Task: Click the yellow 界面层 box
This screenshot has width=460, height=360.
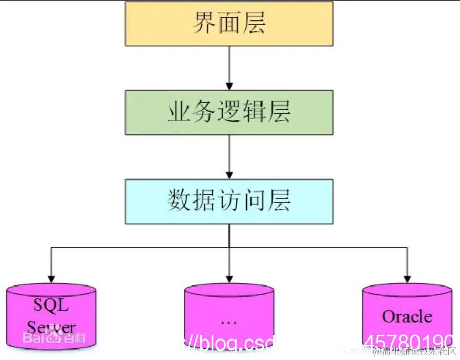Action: click(x=229, y=24)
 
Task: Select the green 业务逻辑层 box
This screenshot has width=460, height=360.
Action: click(x=229, y=112)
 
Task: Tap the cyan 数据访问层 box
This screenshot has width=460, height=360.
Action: click(x=229, y=202)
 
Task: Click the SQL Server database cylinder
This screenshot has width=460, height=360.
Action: click(x=51, y=315)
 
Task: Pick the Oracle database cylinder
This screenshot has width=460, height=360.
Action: click(x=407, y=315)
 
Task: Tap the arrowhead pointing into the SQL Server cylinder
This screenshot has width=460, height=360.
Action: click(x=51, y=277)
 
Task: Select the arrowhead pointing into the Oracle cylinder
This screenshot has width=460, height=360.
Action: click(x=407, y=277)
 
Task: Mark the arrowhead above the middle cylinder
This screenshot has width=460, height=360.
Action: click(x=229, y=277)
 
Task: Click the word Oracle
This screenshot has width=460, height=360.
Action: click(x=407, y=316)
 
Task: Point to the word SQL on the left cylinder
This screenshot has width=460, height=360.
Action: click(x=51, y=304)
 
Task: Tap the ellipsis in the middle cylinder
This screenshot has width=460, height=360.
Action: click(x=229, y=321)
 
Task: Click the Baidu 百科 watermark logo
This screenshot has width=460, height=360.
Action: click(x=53, y=338)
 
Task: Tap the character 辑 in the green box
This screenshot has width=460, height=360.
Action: click(x=254, y=112)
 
